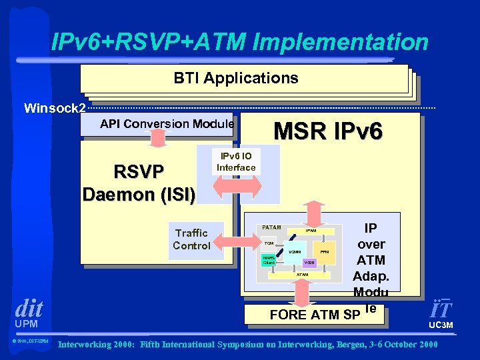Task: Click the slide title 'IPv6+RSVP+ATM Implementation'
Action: (240, 43)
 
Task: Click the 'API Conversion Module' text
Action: (167, 123)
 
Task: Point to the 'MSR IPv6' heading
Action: (329, 131)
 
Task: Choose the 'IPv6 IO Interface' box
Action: (237, 162)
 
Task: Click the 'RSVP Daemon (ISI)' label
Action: (139, 182)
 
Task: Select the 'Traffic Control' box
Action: (191, 239)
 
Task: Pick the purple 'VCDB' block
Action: (309, 263)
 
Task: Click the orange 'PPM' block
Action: (325, 252)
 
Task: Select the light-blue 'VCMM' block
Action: (295, 252)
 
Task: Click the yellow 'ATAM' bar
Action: (303, 274)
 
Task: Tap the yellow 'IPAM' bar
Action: (310, 231)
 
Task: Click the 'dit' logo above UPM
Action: (29, 309)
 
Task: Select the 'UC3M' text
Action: (441, 325)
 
